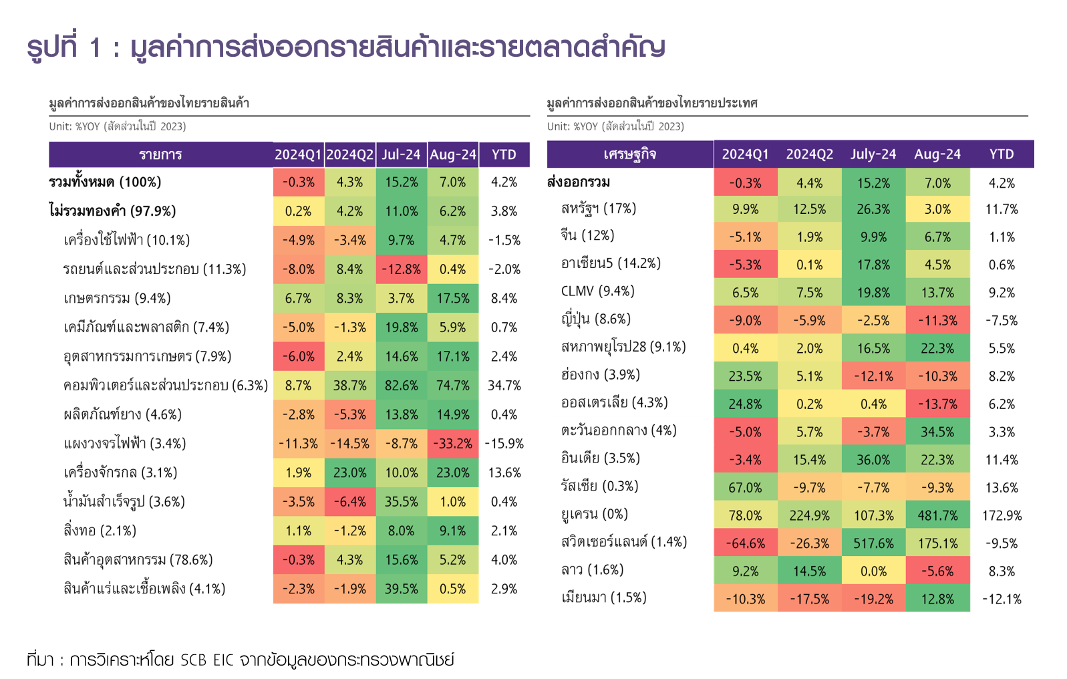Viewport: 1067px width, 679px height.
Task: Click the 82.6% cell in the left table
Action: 402,386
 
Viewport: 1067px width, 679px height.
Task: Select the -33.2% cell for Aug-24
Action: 453,444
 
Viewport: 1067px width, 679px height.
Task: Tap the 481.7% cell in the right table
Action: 937,516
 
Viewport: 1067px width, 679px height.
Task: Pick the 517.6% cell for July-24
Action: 873,543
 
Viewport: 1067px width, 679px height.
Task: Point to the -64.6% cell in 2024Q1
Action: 745,543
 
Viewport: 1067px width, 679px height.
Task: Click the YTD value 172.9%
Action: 1002,516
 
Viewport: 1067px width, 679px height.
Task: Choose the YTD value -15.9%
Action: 504,444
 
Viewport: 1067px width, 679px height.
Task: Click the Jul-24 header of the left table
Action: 402,155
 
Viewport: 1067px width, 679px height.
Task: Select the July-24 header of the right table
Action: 873,154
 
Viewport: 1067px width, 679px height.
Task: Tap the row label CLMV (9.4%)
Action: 598,291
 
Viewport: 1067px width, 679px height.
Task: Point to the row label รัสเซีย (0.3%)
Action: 599,487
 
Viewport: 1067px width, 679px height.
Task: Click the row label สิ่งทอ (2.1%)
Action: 100,531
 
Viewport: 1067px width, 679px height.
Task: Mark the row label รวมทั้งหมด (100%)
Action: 105,182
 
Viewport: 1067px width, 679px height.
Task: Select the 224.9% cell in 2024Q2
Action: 809,516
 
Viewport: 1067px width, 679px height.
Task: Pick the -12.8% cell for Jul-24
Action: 402,269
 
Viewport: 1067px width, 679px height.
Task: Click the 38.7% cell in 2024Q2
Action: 350,386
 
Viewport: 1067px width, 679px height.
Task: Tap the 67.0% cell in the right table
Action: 745,488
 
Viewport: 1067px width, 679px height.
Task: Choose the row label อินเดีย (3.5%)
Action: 601,458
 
